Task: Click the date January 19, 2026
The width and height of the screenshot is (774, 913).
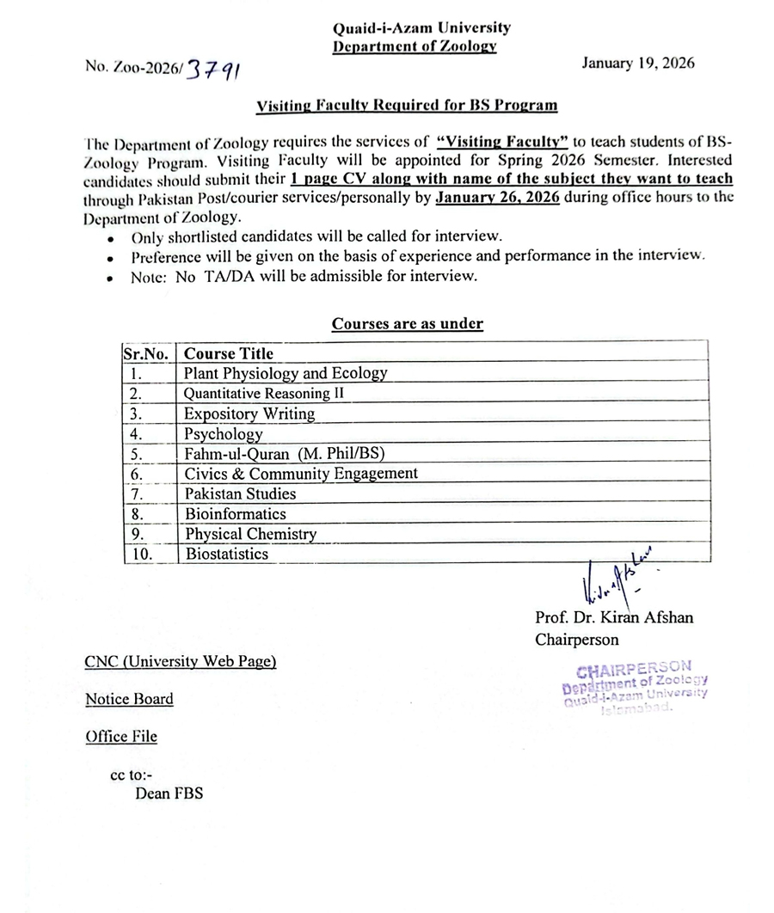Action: point(638,63)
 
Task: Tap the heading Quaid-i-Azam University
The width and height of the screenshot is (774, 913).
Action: point(421,28)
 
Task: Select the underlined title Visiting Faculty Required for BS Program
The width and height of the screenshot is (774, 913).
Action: point(407,105)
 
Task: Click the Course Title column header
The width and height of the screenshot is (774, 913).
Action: point(229,353)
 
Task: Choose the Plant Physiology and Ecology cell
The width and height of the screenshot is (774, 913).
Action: point(286,373)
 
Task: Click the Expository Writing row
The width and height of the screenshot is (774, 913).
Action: point(249,414)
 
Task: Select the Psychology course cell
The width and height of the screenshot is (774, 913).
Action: point(223,433)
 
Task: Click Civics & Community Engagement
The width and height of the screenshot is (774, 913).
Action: point(301,473)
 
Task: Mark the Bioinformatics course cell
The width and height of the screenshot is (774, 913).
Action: point(236,513)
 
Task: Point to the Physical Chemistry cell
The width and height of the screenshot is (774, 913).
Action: point(250,534)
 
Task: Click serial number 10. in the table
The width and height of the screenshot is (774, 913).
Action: point(142,555)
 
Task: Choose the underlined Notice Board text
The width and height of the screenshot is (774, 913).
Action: point(129,699)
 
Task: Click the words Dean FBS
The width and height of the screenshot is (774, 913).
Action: point(169,794)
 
